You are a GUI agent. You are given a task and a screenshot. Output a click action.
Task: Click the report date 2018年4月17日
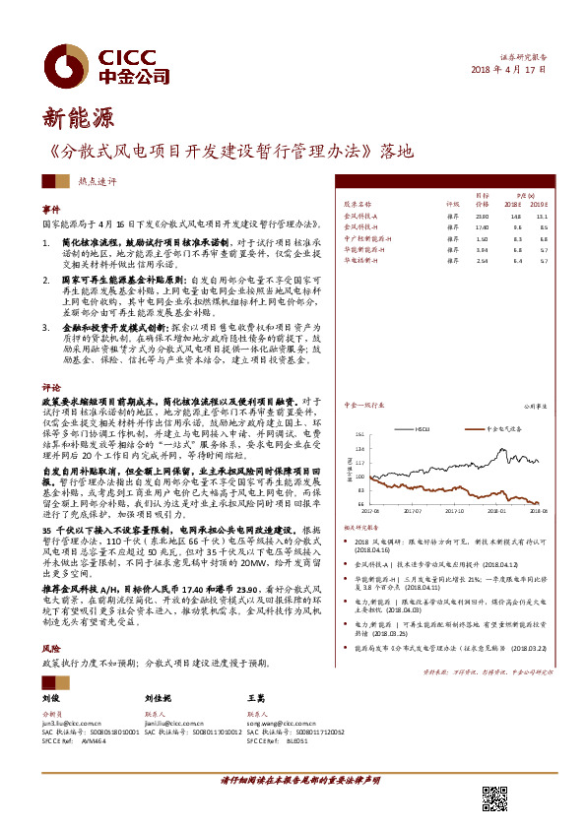pyautogui.click(x=507, y=71)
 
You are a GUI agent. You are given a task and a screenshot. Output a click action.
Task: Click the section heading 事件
pyautogui.click(x=50, y=210)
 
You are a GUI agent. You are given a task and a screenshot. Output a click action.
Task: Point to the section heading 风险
pyautogui.click(x=50, y=650)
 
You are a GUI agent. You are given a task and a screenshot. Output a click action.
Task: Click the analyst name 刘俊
pyautogui.click(x=52, y=697)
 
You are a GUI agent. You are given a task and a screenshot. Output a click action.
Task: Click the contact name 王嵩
pyautogui.click(x=256, y=697)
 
